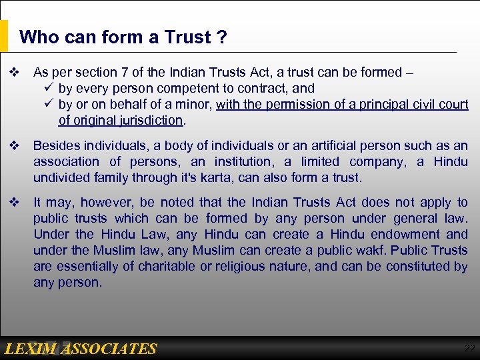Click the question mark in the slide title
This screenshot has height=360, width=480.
222,37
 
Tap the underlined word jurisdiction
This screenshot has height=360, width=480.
151,120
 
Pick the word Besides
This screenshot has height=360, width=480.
55,145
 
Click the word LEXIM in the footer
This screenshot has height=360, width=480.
32,349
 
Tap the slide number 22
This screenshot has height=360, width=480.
469,348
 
